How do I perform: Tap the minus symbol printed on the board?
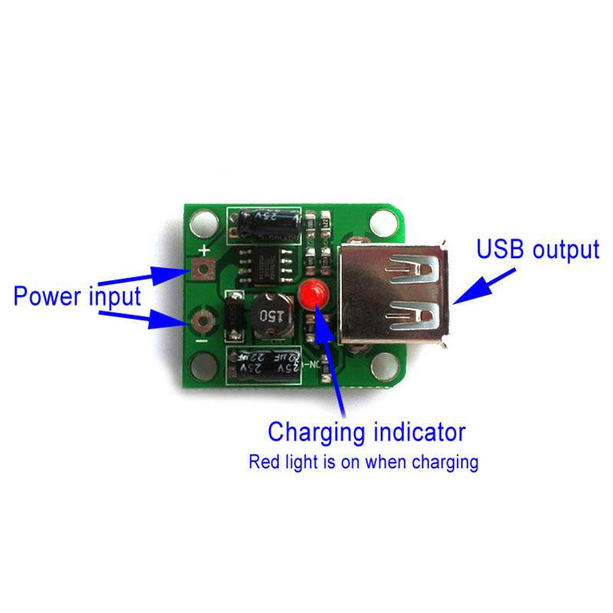point(201,339)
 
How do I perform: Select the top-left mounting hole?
point(205,225)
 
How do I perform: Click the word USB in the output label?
point(500,249)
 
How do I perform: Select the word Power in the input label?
point(46,297)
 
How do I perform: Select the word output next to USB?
point(562,249)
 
